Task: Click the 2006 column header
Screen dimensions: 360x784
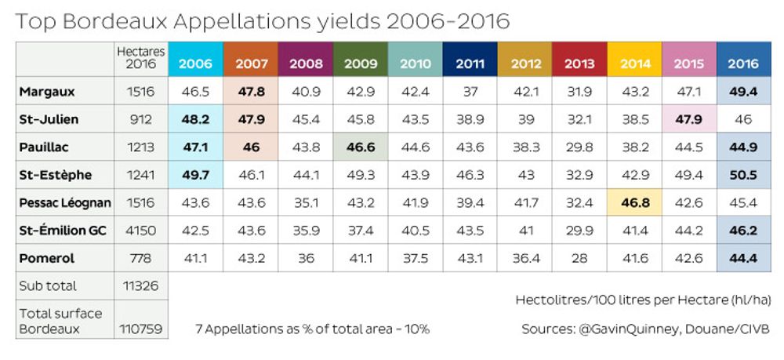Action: [195, 64]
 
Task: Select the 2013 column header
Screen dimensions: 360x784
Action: [579, 64]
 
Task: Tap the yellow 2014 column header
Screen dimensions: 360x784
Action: [636, 64]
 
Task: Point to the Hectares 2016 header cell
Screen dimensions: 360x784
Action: [141, 58]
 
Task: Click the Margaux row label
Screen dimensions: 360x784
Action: [48, 92]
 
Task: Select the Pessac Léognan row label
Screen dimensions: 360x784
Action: [65, 202]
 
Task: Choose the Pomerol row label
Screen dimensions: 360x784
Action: [47, 258]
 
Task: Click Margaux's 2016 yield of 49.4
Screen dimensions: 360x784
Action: [743, 92]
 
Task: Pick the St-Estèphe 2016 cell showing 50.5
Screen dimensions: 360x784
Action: [743, 175]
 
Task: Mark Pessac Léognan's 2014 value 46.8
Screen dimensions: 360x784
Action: [636, 202]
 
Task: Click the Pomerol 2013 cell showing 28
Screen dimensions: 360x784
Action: [579, 258]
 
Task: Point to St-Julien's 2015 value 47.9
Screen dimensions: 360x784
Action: [689, 119]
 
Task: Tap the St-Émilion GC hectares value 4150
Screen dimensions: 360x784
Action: [141, 231]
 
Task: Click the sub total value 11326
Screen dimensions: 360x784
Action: [141, 285]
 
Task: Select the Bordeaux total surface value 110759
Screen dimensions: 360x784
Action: [141, 329]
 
